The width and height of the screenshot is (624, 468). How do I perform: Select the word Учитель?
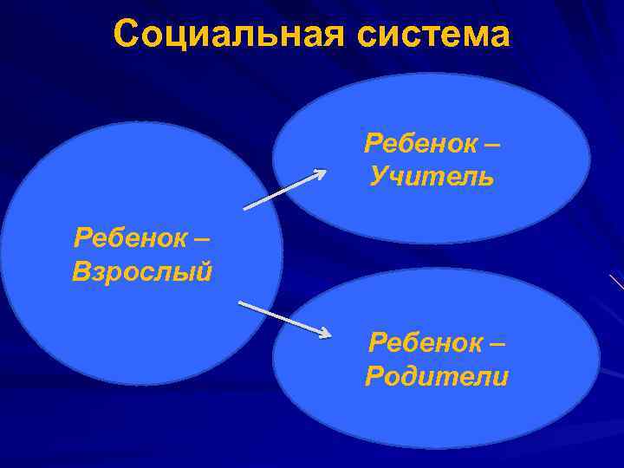pyautogui.click(x=432, y=177)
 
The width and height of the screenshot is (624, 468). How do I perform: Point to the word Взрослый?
pyautogui.click(x=142, y=272)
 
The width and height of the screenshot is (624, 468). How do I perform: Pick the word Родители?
pyautogui.click(x=437, y=377)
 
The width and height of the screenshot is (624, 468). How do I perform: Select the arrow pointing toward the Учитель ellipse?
pyautogui.click(x=284, y=190)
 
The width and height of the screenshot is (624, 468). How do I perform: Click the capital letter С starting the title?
pyautogui.click(x=126, y=36)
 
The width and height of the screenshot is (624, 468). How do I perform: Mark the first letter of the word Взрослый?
pyautogui.click(x=81, y=272)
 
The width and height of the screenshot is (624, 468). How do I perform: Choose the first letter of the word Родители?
pyautogui.click(x=375, y=377)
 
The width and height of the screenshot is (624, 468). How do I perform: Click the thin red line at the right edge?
pyautogui.click(x=616, y=282)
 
